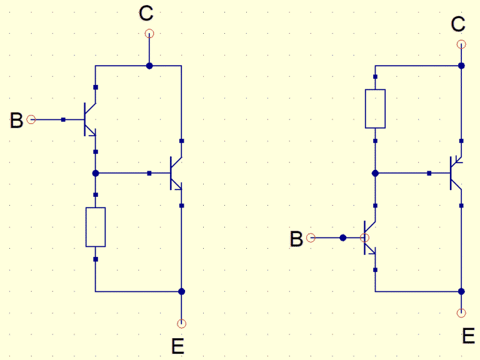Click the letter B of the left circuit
pyautogui.click(x=17, y=121)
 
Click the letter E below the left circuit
pyautogui.click(x=178, y=345)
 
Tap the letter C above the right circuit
pyautogui.click(x=458, y=24)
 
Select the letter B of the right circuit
pyautogui.click(x=297, y=239)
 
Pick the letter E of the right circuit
pyautogui.click(x=468, y=337)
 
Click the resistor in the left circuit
pyautogui.click(x=96, y=227)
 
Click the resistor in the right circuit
pyautogui.click(x=375, y=109)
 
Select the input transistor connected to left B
pyautogui.click(x=89, y=119)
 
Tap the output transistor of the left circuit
pyautogui.click(x=176, y=173)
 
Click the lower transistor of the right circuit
pyautogui.click(x=369, y=238)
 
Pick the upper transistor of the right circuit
pyautogui.click(x=456, y=173)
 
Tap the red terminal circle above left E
pyautogui.click(x=181, y=323)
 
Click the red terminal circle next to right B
pyautogui.click(x=312, y=238)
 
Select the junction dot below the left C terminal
pyautogui.click(x=149, y=65)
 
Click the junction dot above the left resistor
pyautogui.click(x=96, y=173)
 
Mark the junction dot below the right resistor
pyautogui.click(x=375, y=173)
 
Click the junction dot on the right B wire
pyautogui.click(x=342, y=238)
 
